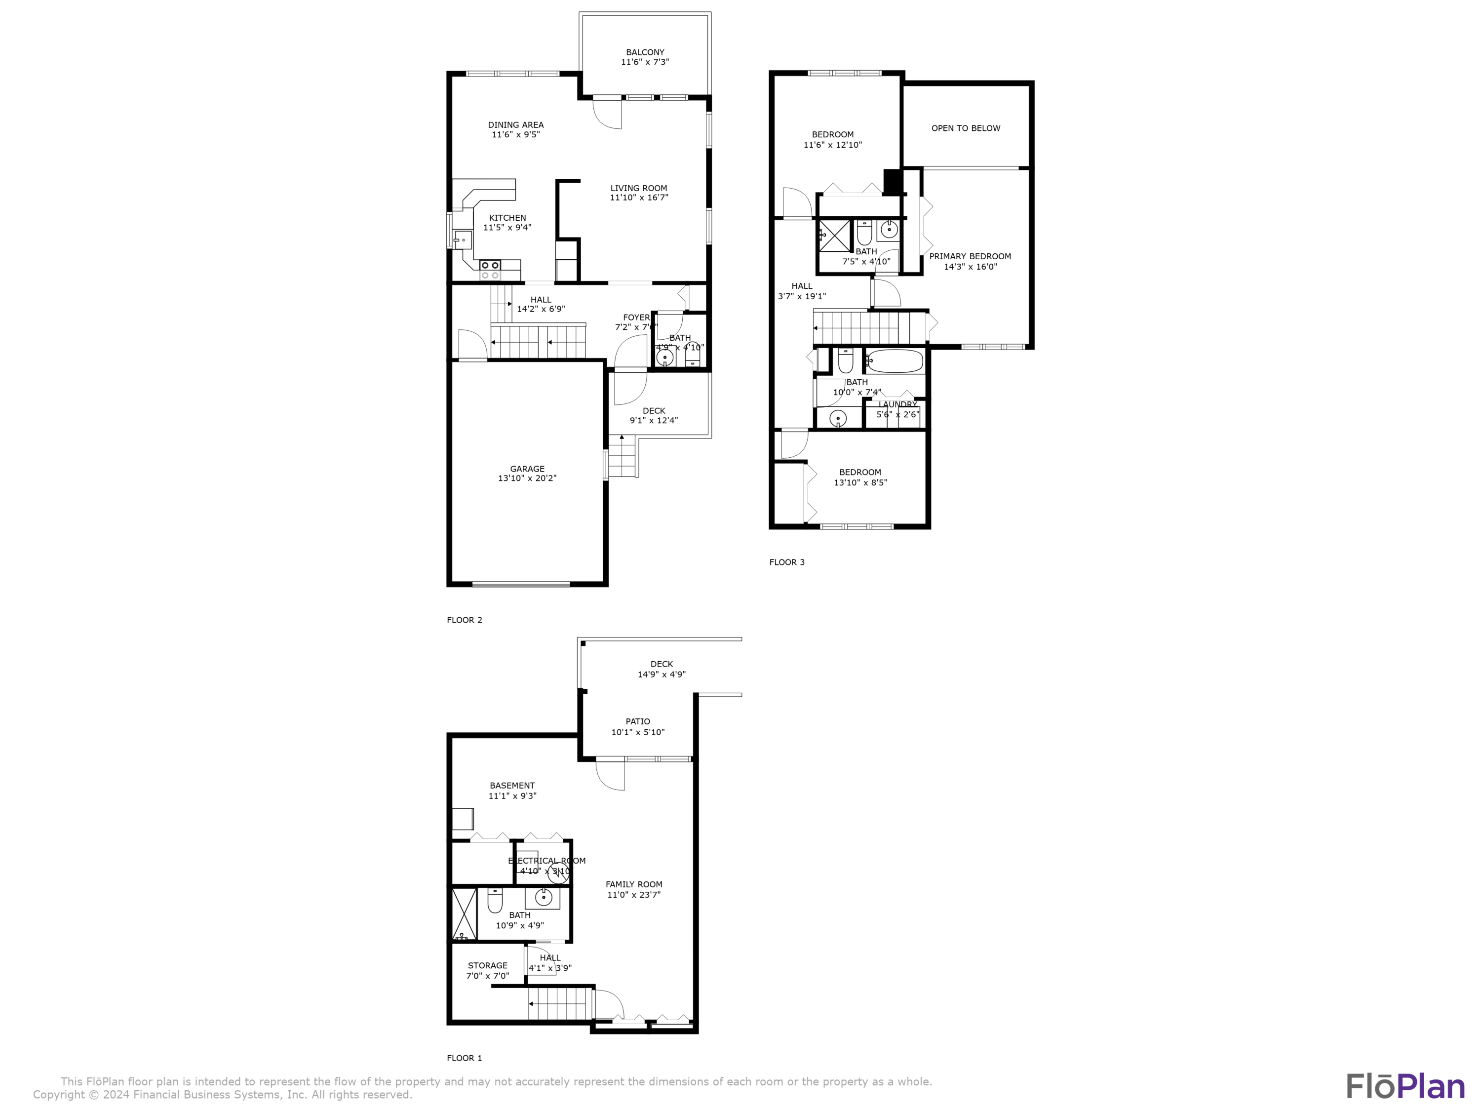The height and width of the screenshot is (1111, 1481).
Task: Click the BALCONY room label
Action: point(645,52)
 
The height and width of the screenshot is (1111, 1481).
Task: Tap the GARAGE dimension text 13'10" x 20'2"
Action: point(527,478)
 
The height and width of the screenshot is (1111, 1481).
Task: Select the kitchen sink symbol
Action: point(463,239)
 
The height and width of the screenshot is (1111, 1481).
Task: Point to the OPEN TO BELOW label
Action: point(966,128)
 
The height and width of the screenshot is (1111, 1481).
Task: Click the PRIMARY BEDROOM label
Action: point(970,256)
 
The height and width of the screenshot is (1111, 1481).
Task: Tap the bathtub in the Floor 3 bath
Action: point(895,361)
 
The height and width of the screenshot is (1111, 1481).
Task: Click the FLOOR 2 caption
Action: point(464,620)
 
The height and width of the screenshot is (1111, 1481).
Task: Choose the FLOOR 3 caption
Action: point(787,562)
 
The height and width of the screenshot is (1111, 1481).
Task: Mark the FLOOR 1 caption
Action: point(464,1058)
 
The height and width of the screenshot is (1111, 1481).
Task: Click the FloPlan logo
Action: point(1404,1086)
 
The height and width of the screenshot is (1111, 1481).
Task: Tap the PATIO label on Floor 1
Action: point(637,721)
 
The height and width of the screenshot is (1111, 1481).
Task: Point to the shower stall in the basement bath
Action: point(464,913)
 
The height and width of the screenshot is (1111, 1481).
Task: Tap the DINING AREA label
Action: point(515,124)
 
